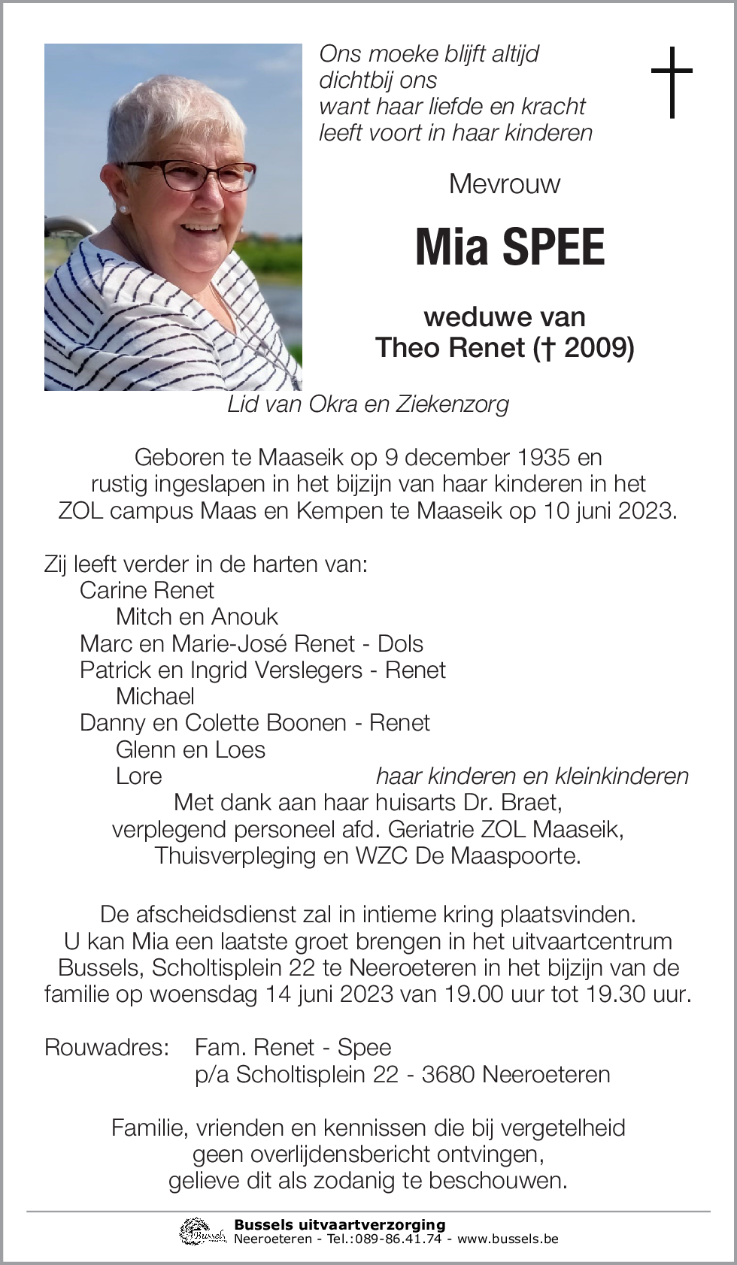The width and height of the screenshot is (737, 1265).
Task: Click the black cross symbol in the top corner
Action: (x=671, y=82)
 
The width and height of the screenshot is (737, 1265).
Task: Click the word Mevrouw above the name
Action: (x=505, y=184)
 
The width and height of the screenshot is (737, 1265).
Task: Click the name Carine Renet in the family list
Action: (x=147, y=590)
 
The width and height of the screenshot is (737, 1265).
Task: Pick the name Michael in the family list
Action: (x=155, y=696)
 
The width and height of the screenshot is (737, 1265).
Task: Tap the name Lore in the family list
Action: (x=138, y=776)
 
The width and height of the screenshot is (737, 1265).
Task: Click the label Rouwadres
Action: (x=106, y=1047)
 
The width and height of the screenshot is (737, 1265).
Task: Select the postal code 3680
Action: (x=447, y=1074)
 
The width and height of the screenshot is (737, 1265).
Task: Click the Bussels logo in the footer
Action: (x=202, y=1231)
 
